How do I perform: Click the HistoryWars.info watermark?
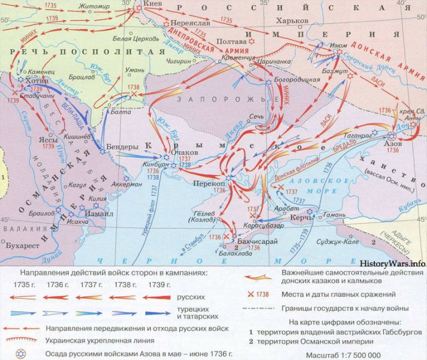tap(392, 263)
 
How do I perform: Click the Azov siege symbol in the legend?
tap(20, 353)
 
